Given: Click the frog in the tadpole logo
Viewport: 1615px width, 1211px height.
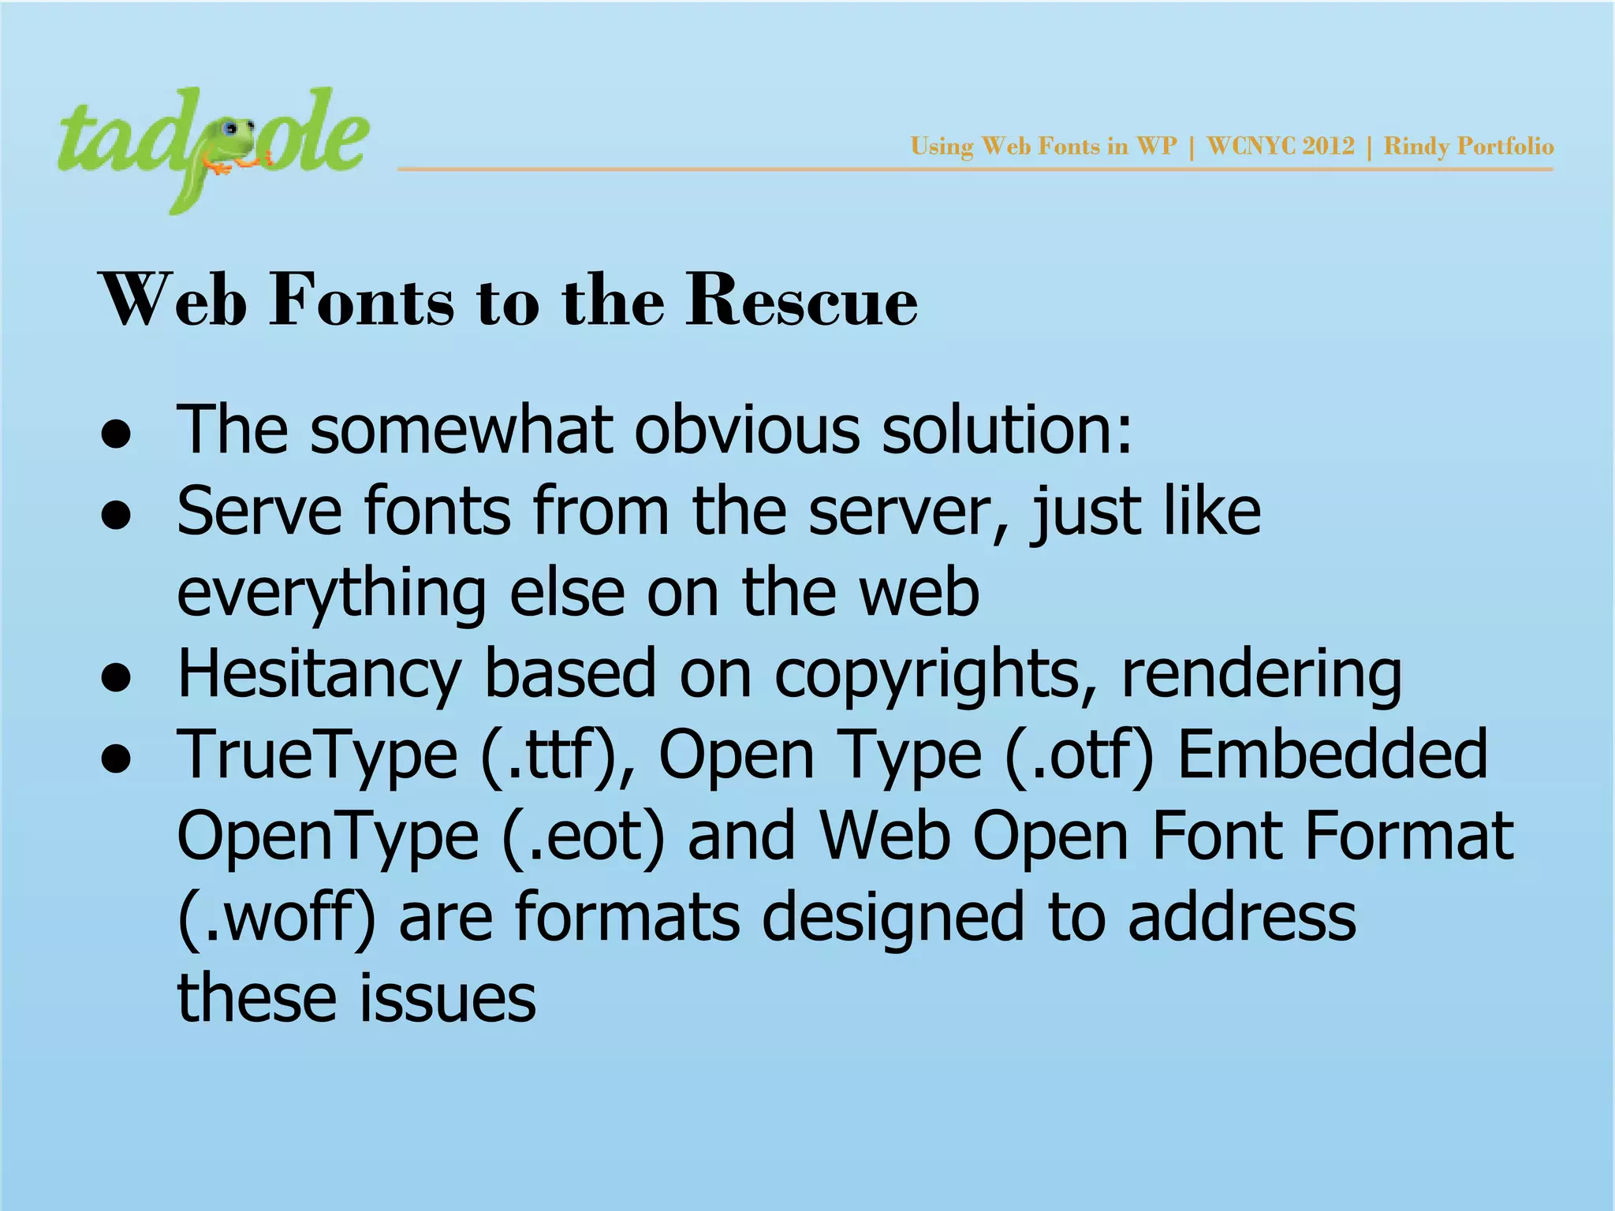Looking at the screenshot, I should coord(233,146).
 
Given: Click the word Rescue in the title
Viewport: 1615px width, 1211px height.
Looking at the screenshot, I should coord(801,300).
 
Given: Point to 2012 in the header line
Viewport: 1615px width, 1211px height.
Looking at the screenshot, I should coord(1328,147).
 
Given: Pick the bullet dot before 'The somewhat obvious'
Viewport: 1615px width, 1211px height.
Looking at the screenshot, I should coord(116,435).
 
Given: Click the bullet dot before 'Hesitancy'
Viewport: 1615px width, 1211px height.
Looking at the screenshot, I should coord(116,680).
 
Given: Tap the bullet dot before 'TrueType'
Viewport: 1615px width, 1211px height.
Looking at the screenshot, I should coord(116,761).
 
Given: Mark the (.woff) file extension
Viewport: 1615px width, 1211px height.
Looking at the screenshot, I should coord(276,919).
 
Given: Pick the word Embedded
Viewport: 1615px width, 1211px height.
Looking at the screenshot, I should coord(1332,755).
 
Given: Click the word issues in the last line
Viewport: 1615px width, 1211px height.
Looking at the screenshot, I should coord(447,1000).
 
